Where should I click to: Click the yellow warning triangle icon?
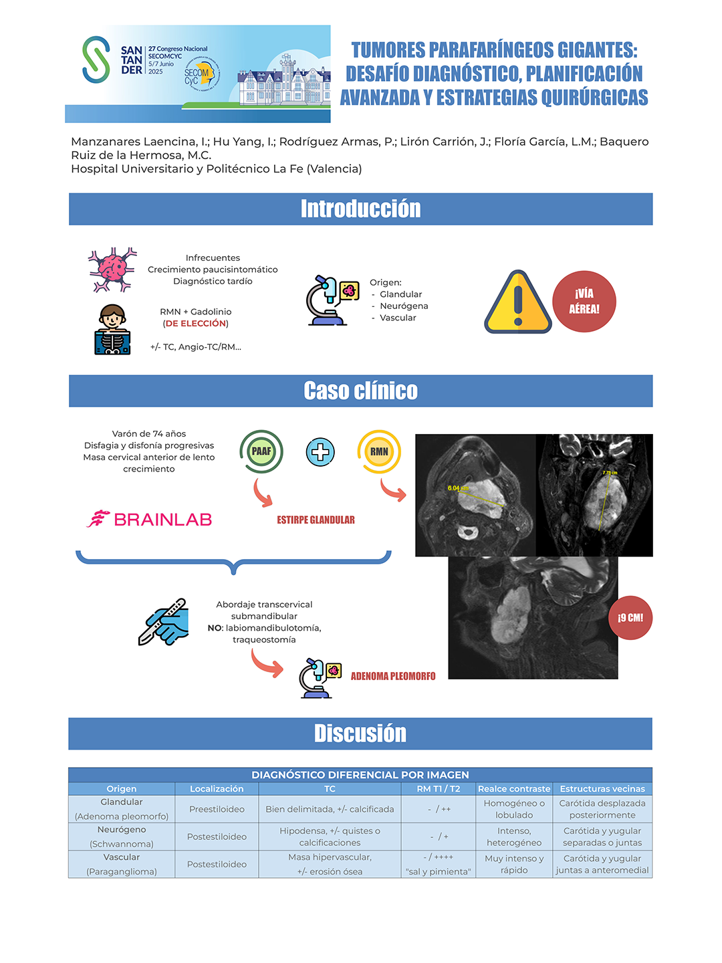click(x=517, y=303)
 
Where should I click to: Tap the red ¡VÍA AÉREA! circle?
click(x=584, y=302)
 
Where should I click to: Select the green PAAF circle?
click(x=261, y=451)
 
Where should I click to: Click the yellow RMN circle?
click(x=379, y=451)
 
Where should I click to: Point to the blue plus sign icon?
click(x=320, y=452)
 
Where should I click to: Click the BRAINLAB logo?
click(x=150, y=519)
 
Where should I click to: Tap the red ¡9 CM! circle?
click(x=630, y=618)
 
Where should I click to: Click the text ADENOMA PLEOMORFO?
click(x=393, y=676)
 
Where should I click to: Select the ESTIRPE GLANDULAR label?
click(x=316, y=520)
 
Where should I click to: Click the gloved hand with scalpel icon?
click(x=164, y=622)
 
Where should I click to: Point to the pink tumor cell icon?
click(x=112, y=270)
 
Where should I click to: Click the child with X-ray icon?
click(x=112, y=329)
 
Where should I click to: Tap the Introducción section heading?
click(x=360, y=209)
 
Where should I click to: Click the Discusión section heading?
click(x=360, y=734)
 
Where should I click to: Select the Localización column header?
click(x=217, y=789)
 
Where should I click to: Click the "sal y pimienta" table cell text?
click(x=439, y=871)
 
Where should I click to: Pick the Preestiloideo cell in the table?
click(x=217, y=809)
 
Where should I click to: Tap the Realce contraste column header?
click(x=514, y=789)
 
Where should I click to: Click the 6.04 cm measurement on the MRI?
click(x=458, y=488)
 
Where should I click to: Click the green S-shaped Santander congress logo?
click(x=96, y=60)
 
